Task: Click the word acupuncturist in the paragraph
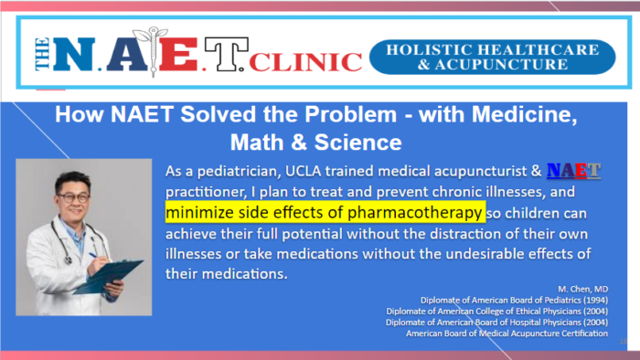click(487, 172)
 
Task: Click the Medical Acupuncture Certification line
click(507, 333)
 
